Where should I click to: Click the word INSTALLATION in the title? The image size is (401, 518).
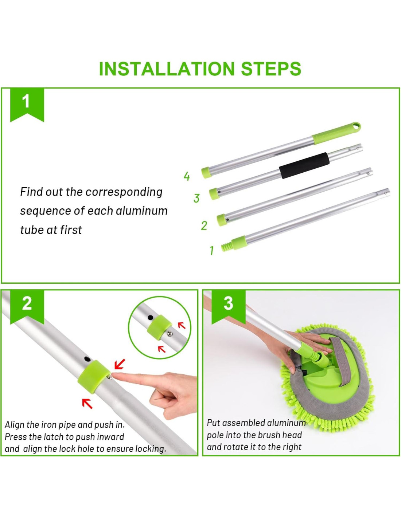[167, 68]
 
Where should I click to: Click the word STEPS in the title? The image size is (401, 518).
[271, 68]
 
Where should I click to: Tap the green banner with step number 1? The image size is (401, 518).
[27, 104]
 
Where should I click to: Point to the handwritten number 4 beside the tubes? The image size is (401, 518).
[187, 176]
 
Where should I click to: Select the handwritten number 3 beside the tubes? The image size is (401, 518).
[196, 198]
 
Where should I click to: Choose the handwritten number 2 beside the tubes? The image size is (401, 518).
[204, 225]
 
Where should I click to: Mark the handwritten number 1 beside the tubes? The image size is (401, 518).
[211, 250]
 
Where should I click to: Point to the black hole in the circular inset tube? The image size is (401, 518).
[150, 317]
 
